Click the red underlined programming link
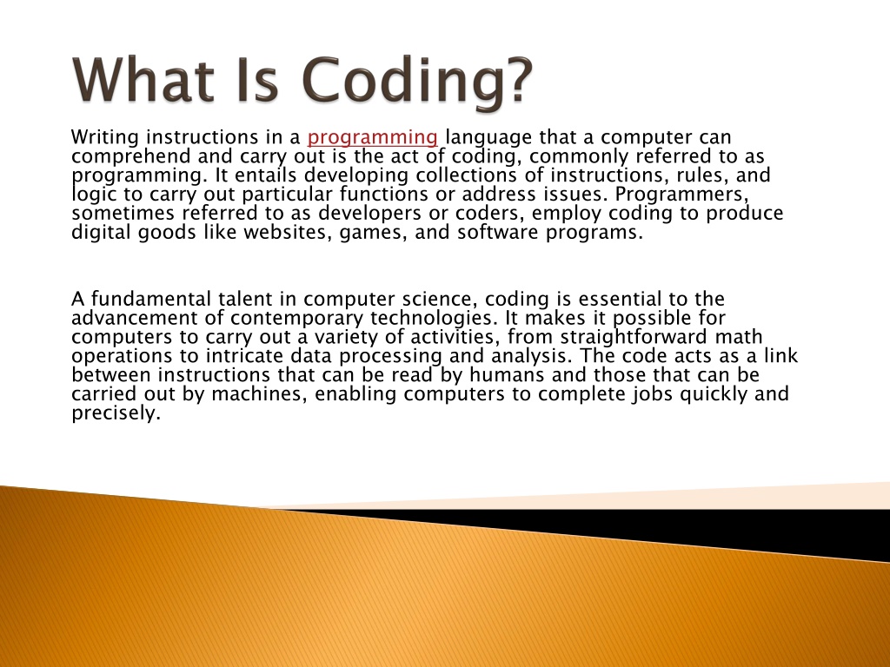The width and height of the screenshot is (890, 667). click(x=372, y=138)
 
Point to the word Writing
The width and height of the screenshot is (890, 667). click(x=105, y=138)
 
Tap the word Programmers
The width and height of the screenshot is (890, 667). click(x=682, y=195)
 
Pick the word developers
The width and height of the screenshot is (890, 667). click(x=374, y=213)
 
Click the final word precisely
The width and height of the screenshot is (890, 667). click(x=116, y=413)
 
